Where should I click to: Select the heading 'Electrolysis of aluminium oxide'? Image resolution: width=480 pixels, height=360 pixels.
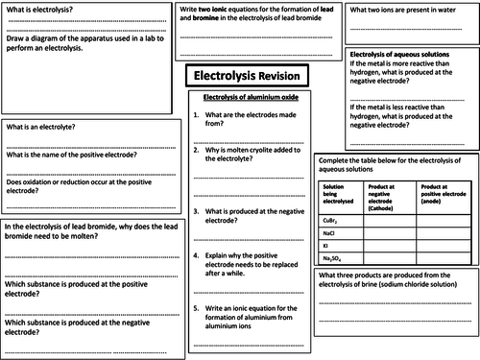(245, 97)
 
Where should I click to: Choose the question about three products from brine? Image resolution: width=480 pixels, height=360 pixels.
(394, 279)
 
